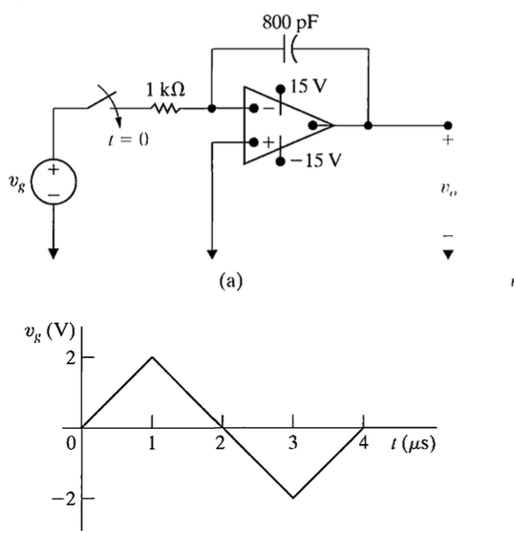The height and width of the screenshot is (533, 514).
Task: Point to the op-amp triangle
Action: click(283, 125)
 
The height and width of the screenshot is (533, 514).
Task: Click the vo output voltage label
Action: click(448, 189)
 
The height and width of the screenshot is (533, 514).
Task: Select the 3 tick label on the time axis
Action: click(293, 444)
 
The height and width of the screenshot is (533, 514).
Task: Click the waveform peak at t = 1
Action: click(152, 357)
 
